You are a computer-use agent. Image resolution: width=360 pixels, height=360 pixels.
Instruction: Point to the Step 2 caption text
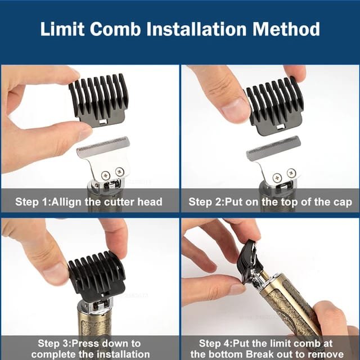tap(270, 202)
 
